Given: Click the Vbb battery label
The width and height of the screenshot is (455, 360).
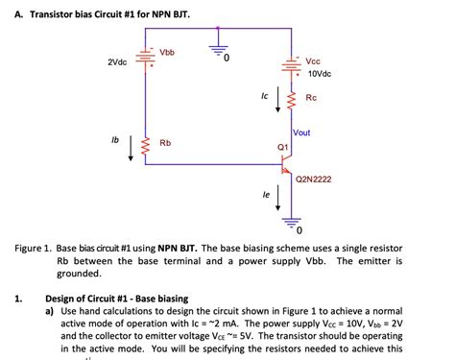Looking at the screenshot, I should tap(166, 51).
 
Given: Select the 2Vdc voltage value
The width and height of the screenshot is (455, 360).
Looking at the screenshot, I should tap(117, 62).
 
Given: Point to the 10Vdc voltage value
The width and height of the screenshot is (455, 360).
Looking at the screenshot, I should tap(320, 73).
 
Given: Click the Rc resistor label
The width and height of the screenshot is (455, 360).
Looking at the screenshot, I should tap(311, 98).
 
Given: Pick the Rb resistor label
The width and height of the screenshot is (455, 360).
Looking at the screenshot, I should tap(165, 143).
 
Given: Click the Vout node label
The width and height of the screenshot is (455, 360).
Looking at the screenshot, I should tap(304, 132).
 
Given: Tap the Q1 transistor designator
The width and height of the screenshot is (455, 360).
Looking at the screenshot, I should tap(282, 146).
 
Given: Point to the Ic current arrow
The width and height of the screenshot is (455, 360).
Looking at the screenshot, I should tap(279, 98).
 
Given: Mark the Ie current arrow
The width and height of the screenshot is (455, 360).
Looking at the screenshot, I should tap(279, 199).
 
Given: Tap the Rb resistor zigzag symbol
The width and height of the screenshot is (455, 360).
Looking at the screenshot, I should tap(145, 147).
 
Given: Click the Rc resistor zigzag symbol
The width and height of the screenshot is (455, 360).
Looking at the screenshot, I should tap(292, 97).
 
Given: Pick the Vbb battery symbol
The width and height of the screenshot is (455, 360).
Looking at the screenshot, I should tap(145, 60).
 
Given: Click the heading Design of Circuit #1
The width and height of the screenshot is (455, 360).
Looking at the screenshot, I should tap(118, 299).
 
